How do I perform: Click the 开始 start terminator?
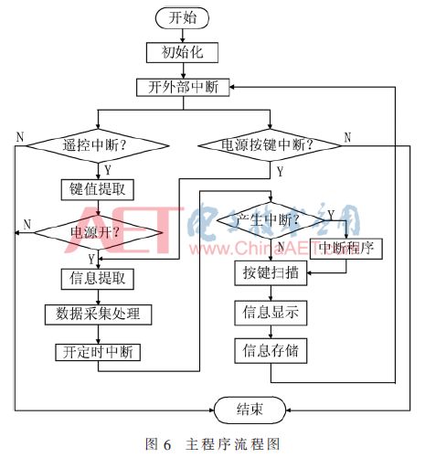[x=182, y=17]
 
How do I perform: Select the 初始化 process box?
[x=182, y=52]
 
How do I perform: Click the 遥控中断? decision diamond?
[x=97, y=144]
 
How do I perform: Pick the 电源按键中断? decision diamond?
[x=268, y=144]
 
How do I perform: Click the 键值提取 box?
[x=97, y=189]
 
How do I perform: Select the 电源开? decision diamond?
[x=97, y=233]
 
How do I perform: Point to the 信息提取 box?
[x=97, y=277]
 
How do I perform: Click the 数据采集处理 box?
[x=97, y=314]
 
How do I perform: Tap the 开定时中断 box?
[x=97, y=350]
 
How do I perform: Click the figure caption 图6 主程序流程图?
[x=212, y=443]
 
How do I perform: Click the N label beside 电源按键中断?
[x=347, y=137]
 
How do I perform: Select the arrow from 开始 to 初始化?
[x=182, y=35]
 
